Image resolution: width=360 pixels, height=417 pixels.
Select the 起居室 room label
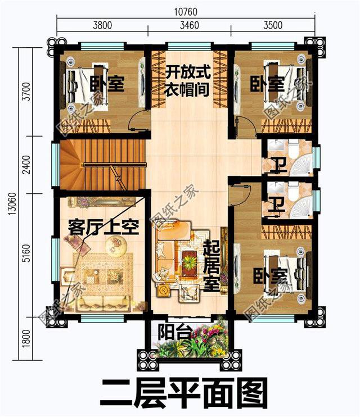211,265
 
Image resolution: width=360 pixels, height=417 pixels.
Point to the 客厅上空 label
103,226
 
